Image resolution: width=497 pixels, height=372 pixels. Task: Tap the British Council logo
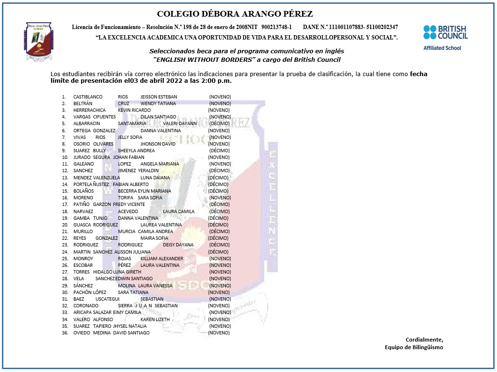coord(446,32)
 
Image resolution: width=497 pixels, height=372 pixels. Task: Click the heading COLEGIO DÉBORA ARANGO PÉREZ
coord(235,14)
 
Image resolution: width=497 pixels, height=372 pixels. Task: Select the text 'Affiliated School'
coord(442,48)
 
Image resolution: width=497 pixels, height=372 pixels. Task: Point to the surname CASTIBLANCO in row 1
coord(88,97)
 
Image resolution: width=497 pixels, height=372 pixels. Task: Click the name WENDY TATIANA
coord(158,103)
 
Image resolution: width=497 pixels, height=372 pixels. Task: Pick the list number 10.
coord(65,157)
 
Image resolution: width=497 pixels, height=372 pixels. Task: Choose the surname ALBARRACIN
coord(87,123)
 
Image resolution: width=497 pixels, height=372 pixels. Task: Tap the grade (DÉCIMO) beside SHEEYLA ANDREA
coord(219,150)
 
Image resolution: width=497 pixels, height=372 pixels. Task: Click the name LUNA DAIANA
coord(155,177)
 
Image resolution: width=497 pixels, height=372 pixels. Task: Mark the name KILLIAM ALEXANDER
coord(162,258)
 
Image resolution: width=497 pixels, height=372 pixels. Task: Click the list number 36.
coord(65,333)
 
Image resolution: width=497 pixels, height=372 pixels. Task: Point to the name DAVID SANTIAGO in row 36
coord(131,333)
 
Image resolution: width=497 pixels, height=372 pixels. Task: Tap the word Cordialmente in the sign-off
coord(424,339)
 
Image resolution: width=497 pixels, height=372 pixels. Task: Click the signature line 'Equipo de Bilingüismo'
coord(414,347)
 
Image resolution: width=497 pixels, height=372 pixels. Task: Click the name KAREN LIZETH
coord(155,319)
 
